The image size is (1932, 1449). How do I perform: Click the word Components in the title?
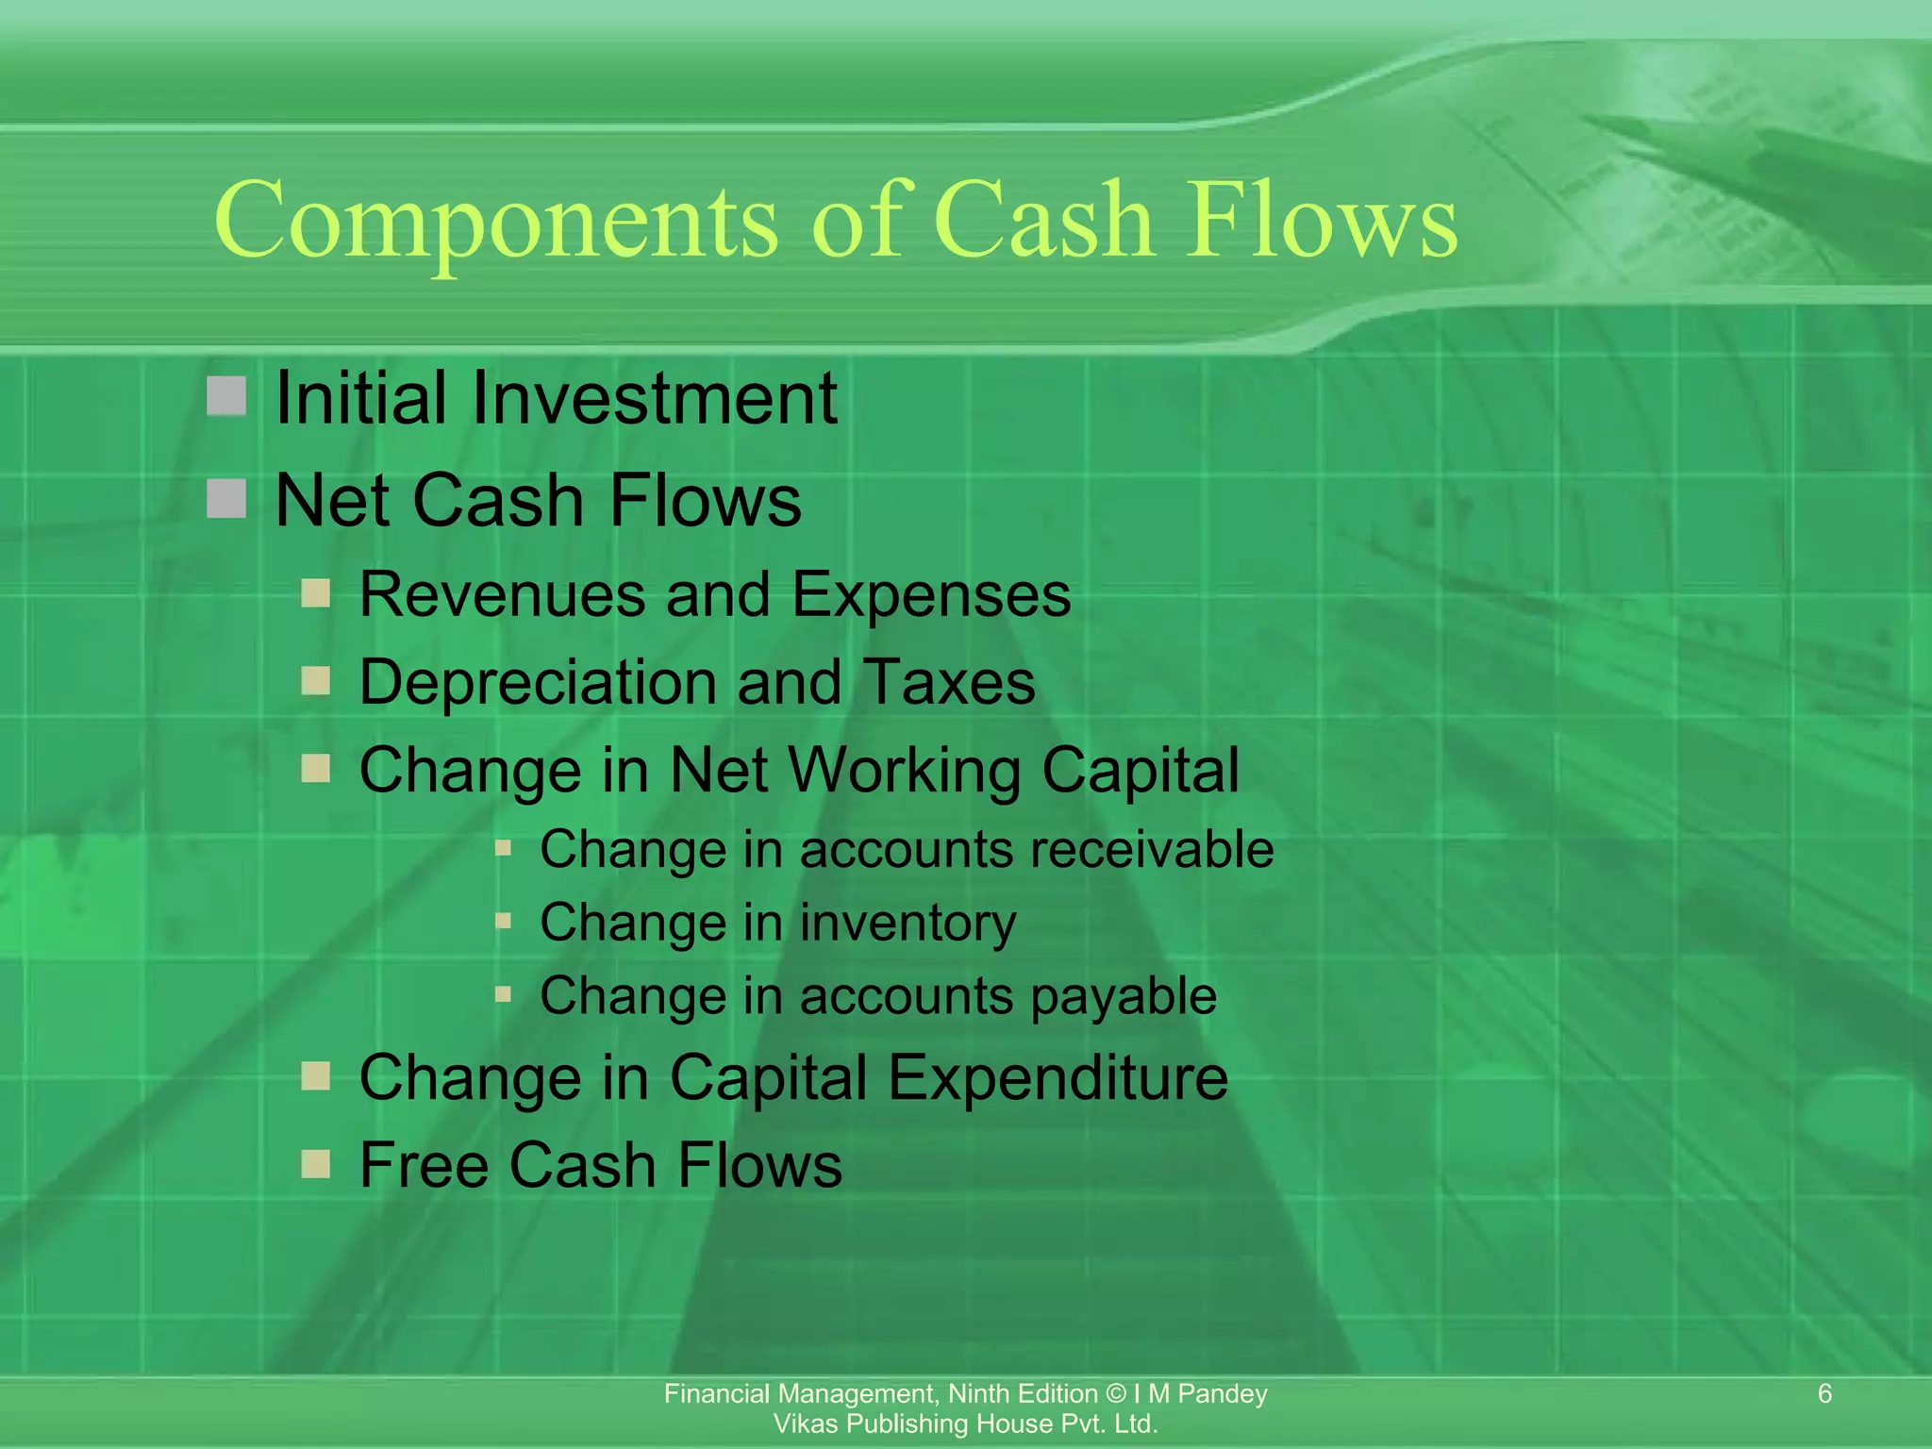pos(496,223)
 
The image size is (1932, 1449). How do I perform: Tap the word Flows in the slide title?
pos(1321,221)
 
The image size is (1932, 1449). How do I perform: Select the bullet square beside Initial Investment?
pos(226,396)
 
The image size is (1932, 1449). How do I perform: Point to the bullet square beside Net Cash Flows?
pos(226,498)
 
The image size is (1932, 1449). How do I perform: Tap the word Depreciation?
pos(540,682)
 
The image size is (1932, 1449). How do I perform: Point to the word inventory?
pos(908,923)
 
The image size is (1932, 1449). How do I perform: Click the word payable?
pos(1124,996)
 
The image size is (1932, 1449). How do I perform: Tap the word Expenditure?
pos(1058,1077)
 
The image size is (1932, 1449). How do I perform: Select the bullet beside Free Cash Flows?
pos(316,1164)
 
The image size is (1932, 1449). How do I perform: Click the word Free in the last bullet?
pos(423,1165)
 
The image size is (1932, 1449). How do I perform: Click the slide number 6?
pos(1824,1393)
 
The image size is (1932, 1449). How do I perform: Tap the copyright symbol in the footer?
pos(1115,1393)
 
